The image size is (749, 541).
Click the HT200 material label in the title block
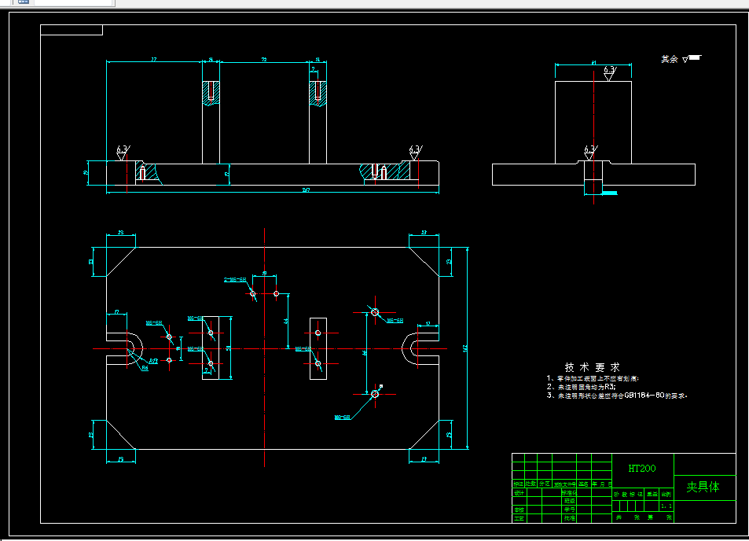point(641,469)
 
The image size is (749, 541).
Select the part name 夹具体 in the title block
point(703,487)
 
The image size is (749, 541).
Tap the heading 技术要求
point(592,367)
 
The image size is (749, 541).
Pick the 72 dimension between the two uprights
point(263,59)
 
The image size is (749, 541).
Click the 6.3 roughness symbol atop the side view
point(609,71)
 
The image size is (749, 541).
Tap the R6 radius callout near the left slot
point(145,367)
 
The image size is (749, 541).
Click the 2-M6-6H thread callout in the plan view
point(236,279)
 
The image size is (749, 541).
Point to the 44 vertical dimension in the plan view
point(286,321)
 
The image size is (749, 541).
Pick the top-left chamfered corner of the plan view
point(120,260)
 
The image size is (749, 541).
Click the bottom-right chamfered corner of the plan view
point(424,436)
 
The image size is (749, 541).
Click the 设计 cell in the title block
point(519,493)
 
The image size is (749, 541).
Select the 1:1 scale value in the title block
point(666,507)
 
